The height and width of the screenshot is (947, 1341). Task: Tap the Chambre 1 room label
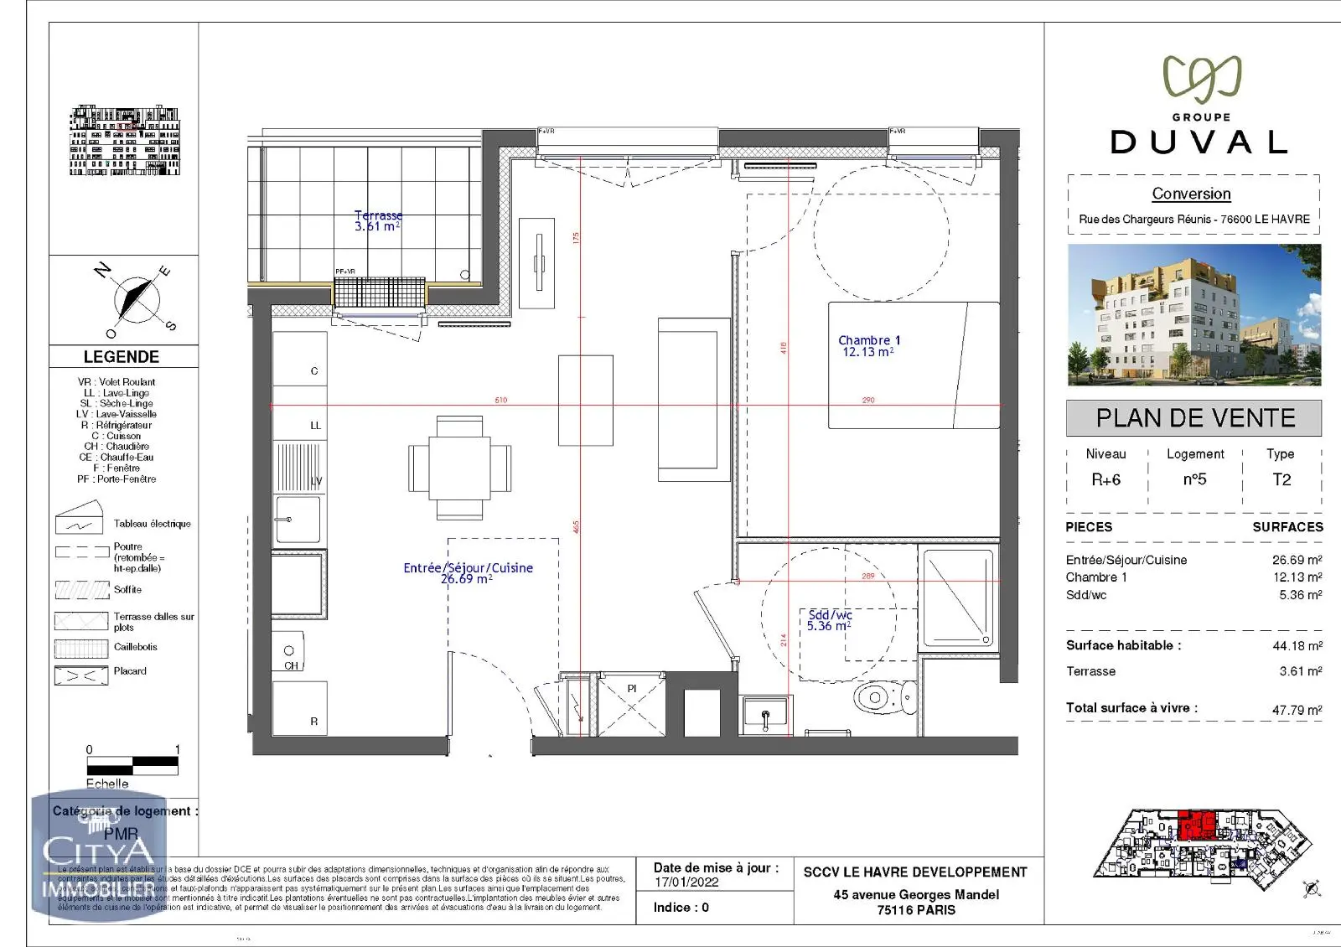click(x=869, y=345)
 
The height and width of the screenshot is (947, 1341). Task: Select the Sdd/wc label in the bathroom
click(x=830, y=620)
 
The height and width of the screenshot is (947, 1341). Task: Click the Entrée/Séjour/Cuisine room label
click(x=468, y=573)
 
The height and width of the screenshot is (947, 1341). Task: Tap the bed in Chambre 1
click(x=914, y=365)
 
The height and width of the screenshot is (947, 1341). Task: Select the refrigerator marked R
click(x=300, y=708)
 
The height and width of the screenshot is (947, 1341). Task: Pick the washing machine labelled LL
click(x=300, y=414)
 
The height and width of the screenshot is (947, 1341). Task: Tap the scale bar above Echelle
click(x=132, y=764)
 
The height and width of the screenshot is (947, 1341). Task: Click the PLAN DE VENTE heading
click(x=1194, y=418)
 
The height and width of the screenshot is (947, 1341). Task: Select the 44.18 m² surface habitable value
click(x=1297, y=646)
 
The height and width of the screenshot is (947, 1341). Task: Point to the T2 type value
click(x=1281, y=480)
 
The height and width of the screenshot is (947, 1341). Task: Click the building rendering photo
click(x=1194, y=315)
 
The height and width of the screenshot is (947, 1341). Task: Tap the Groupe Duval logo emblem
click(x=1201, y=80)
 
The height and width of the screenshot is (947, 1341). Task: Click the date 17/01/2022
click(x=686, y=882)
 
